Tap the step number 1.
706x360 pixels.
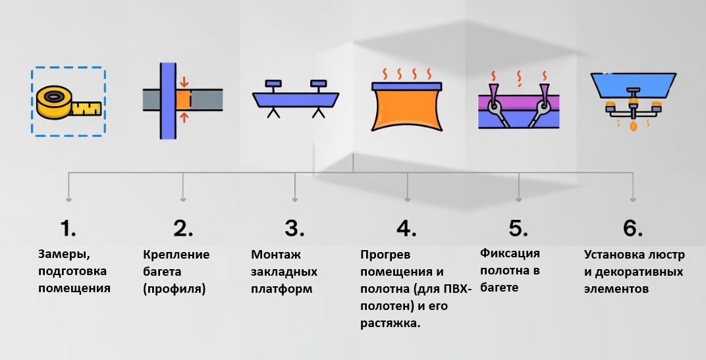tap(68, 228)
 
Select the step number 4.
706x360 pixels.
tap(406, 228)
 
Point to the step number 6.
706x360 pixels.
tap(632, 228)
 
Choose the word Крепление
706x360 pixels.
tap(176, 255)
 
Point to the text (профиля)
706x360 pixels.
tap(174, 289)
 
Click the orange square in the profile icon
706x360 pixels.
tap(183, 99)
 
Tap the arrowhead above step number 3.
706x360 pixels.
tap(294, 198)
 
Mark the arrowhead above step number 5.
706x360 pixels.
tap(519, 198)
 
